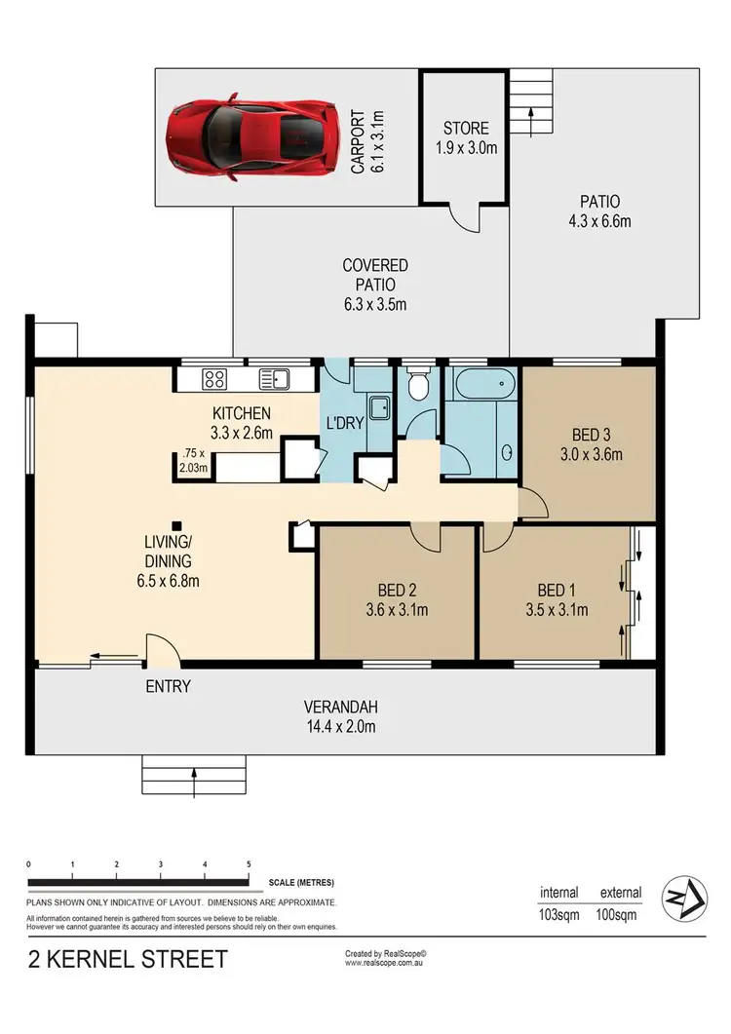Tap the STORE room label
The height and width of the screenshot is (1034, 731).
(464, 128)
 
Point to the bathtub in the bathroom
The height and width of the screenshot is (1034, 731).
(481, 385)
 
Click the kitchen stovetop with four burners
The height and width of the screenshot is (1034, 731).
(214, 378)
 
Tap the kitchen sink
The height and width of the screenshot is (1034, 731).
(272, 378)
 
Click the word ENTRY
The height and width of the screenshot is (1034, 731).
(168, 686)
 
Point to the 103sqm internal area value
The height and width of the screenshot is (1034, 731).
(559, 915)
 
